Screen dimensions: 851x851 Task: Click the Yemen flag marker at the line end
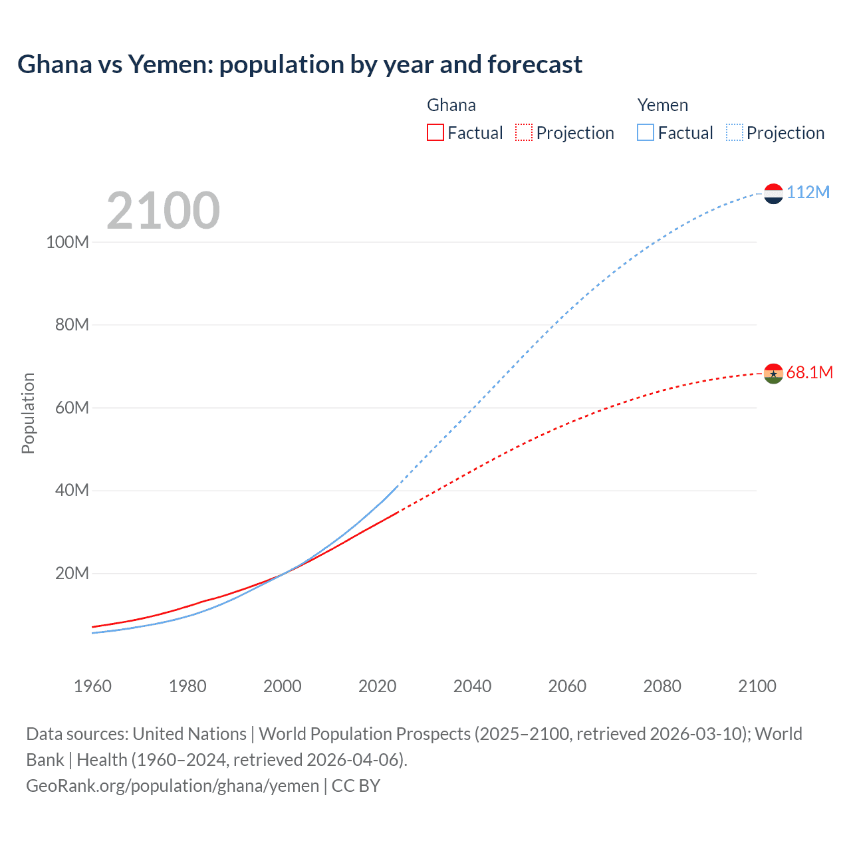[773, 193]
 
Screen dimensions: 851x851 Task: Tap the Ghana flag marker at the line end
[773, 374]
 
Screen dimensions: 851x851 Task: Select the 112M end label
[808, 192]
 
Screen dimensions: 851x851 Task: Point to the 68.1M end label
[809, 372]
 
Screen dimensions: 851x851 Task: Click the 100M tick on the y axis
[67, 242]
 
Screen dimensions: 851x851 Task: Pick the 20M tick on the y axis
[71, 573]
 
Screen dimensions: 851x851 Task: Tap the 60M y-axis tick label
[71, 408]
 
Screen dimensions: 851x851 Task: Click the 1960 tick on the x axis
[92, 686]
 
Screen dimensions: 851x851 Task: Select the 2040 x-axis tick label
[472, 686]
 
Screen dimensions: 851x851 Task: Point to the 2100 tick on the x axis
[757, 686]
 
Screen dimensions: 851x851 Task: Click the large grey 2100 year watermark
[163, 211]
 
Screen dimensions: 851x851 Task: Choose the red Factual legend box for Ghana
[435, 132]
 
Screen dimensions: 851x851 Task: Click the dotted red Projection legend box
[524, 132]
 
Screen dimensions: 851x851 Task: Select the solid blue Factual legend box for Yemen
[645, 132]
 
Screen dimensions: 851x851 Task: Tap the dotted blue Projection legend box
[735, 132]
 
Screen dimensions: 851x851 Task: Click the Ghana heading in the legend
[451, 105]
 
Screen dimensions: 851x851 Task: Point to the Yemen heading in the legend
[662, 105]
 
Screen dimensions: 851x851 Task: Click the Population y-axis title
[28, 413]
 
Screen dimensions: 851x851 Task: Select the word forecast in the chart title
[535, 64]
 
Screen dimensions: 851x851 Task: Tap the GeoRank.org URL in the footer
[172, 785]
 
